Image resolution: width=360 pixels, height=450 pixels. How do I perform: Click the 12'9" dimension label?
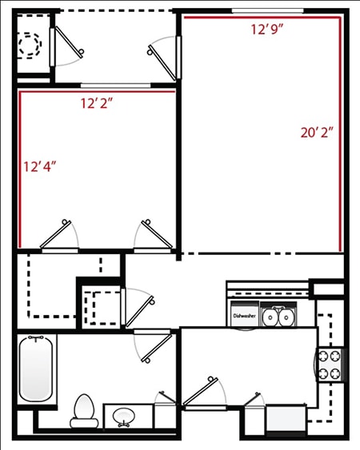(268, 30)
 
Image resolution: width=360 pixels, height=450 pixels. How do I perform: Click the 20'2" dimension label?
(317, 133)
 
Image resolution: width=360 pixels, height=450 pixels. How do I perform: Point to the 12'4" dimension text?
(40, 167)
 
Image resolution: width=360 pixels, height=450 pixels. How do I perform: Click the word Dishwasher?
(244, 316)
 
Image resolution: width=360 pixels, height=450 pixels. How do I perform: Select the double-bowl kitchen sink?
(278, 317)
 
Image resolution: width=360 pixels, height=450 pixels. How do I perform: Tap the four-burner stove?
(330, 364)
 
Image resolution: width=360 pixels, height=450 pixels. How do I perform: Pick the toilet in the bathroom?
(83, 409)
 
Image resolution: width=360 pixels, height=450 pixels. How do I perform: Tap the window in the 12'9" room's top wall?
(268, 10)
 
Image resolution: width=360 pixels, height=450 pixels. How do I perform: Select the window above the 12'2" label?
(107, 85)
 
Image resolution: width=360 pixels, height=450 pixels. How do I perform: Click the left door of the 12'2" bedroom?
(58, 237)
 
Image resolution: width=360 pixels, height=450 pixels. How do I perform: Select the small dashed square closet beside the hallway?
(101, 305)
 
